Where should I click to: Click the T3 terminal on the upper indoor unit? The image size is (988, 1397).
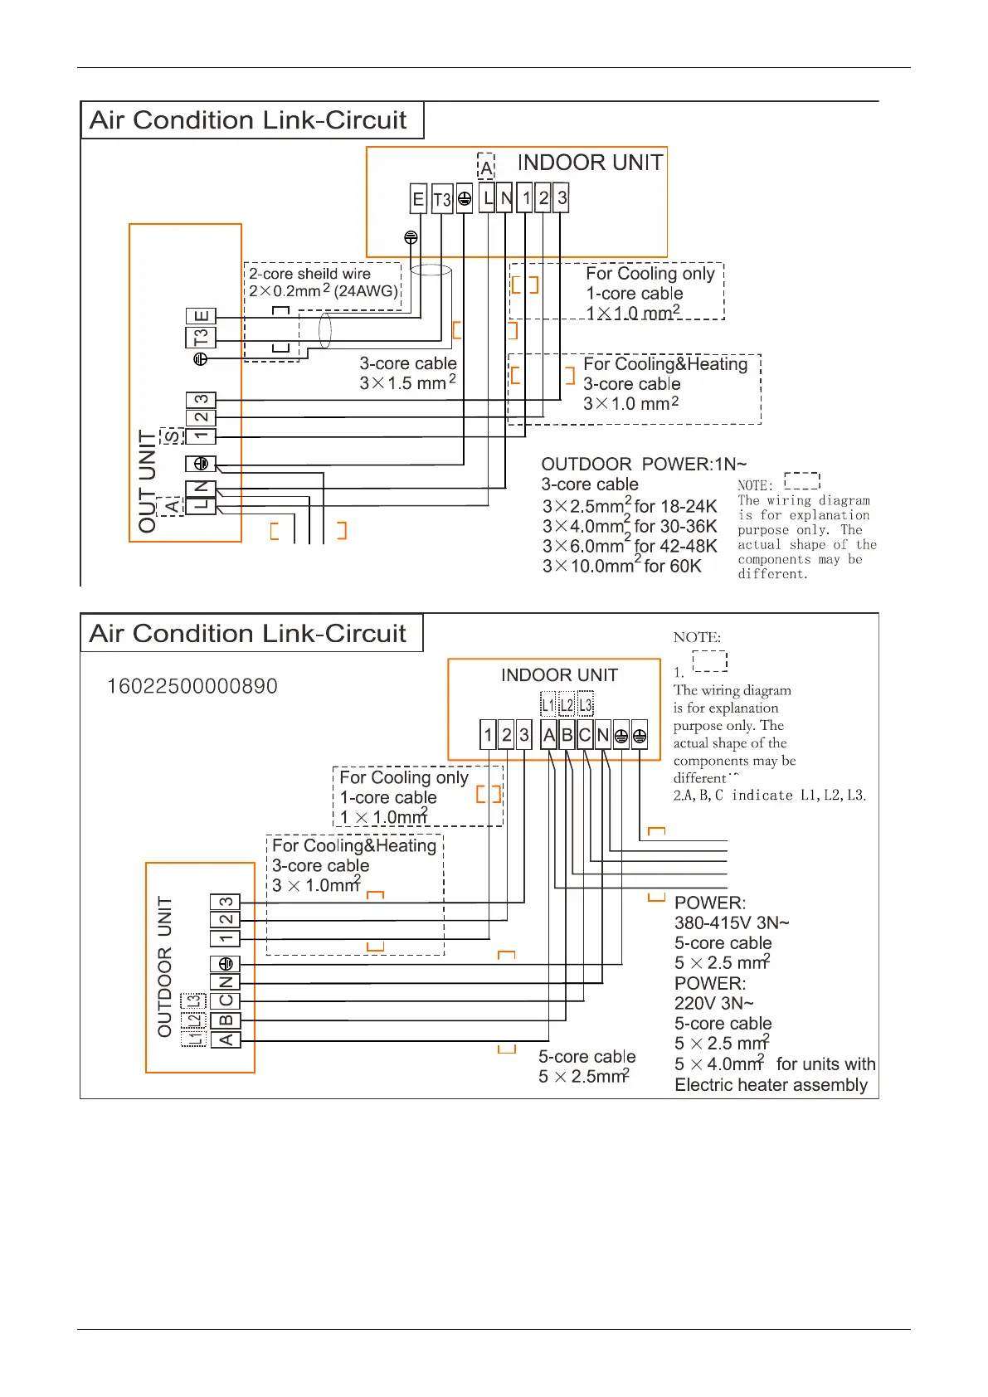(442, 199)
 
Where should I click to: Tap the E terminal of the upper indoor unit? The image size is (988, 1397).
(419, 199)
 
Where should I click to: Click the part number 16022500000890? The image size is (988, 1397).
(192, 686)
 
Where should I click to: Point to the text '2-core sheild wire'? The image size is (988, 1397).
(309, 274)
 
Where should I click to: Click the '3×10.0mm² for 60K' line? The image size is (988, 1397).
(622, 566)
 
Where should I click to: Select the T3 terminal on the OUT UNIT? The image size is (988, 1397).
(201, 338)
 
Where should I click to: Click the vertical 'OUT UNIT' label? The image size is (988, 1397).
(147, 481)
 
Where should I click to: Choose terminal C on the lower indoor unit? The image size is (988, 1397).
(585, 735)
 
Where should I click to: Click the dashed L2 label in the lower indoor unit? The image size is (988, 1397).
(567, 705)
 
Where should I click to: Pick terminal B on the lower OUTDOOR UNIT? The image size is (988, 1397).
(226, 1020)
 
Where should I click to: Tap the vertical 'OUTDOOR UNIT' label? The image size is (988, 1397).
(164, 966)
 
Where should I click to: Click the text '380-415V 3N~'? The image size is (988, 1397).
(732, 923)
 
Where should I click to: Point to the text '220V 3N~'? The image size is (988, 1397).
(714, 1004)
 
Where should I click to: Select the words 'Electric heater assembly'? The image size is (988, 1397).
(771, 1085)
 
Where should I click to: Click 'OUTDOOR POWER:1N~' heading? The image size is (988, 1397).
(644, 464)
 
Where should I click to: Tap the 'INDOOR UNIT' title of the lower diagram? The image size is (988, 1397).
(559, 674)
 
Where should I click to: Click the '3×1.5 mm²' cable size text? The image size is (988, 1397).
(408, 382)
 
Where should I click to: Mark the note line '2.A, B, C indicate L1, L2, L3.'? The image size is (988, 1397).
(770, 796)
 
